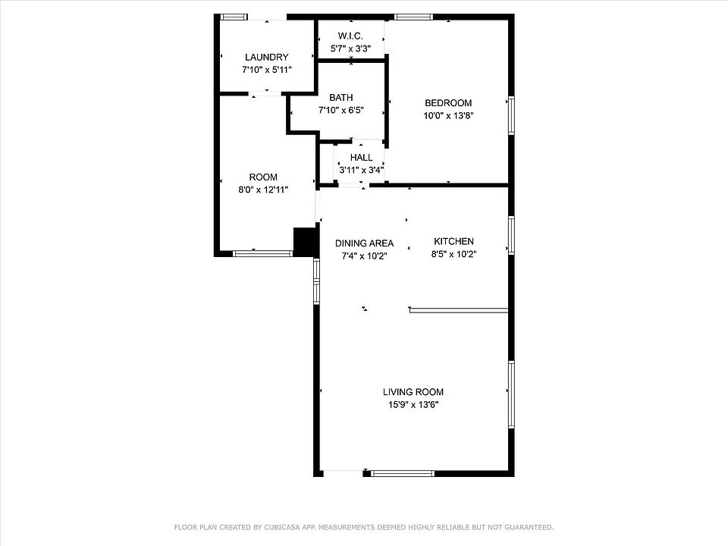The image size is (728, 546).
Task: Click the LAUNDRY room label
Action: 266,57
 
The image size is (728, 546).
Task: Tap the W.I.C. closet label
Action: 350,36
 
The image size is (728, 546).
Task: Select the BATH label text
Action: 340,98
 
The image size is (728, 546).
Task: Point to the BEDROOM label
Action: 448,103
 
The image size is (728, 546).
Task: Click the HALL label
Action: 361,158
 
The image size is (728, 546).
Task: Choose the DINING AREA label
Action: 365,243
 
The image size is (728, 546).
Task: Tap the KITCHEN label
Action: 453,241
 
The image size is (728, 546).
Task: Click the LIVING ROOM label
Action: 413,392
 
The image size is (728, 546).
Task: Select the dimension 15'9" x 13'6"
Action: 413,405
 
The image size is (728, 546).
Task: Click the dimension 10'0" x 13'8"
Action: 448,115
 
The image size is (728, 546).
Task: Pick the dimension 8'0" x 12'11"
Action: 263,190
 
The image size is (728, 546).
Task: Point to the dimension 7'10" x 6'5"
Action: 340,111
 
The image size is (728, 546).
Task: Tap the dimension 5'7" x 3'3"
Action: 350,49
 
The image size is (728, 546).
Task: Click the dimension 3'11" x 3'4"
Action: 361,170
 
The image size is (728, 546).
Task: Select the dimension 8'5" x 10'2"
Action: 453,254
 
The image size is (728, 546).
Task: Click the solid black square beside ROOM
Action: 305,241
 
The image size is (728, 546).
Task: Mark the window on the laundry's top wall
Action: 233,17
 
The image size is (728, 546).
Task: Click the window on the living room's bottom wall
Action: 403,473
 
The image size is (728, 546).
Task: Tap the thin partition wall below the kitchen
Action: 459,309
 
